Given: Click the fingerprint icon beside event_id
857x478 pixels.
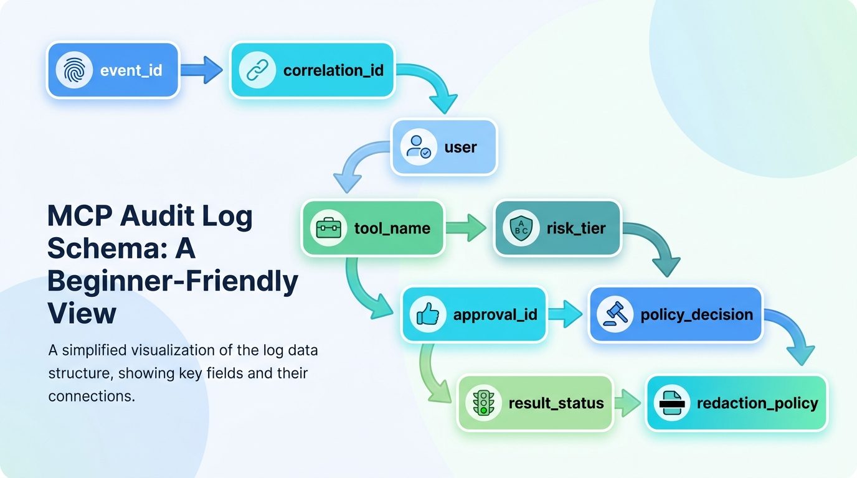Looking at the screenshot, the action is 74,70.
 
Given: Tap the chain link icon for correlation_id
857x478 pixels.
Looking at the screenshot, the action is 257,70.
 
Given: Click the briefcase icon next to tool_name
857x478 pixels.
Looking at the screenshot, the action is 329,228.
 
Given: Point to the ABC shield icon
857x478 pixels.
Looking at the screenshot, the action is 521,228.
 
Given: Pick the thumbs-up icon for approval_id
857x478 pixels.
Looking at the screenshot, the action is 428,314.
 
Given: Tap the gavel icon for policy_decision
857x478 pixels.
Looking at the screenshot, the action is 615,314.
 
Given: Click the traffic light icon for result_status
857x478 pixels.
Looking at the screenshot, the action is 483,403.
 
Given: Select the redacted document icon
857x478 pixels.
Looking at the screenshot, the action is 671,403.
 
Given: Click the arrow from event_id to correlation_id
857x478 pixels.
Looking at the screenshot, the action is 202,70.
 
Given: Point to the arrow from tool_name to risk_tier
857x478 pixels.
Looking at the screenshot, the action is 466,228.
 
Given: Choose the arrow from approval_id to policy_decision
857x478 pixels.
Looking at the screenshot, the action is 565,314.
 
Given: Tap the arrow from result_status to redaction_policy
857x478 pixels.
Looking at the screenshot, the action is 628,403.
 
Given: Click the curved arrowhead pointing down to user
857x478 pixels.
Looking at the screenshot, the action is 443,103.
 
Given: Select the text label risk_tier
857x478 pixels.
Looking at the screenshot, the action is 575,228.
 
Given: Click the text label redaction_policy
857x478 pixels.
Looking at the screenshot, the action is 757,403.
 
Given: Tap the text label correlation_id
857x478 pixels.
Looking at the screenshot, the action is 333,70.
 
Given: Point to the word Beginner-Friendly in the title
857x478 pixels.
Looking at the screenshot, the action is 173,281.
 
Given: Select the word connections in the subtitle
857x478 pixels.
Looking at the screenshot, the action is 92,396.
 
